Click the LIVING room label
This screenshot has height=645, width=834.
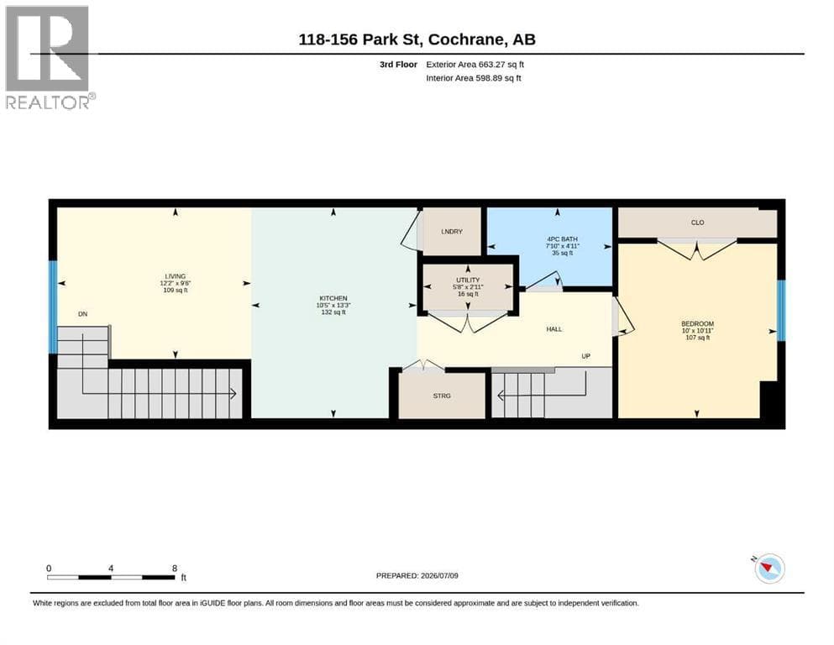coord(175,276)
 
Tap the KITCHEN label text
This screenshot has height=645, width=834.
coord(333,298)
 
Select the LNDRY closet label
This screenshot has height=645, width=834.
coord(452,231)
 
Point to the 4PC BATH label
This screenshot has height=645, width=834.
coord(562,239)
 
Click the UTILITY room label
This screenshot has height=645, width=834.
coord(468,280)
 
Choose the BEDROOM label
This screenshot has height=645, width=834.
coord(697,324)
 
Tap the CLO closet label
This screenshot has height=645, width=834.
coord(697,223)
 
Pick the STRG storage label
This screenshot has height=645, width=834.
coord(442,396)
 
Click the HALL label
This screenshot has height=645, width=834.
coord(554,329)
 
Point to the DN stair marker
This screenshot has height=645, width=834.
coord(82,314)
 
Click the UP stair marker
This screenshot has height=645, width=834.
coord(585,356)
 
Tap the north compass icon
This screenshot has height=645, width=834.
coord(769,569)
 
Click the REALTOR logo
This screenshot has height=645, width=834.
coord(50,57)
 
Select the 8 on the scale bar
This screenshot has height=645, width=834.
coord(175,568)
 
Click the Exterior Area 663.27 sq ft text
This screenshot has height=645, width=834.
coord(475,65)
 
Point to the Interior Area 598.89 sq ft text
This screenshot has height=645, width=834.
coord(474,78)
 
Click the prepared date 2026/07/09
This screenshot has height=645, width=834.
coord(439,575)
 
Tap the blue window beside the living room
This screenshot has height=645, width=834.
coord(53,307)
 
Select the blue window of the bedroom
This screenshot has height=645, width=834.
coord(781,311)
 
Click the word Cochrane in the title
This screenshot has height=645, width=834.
coord(465,39)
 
